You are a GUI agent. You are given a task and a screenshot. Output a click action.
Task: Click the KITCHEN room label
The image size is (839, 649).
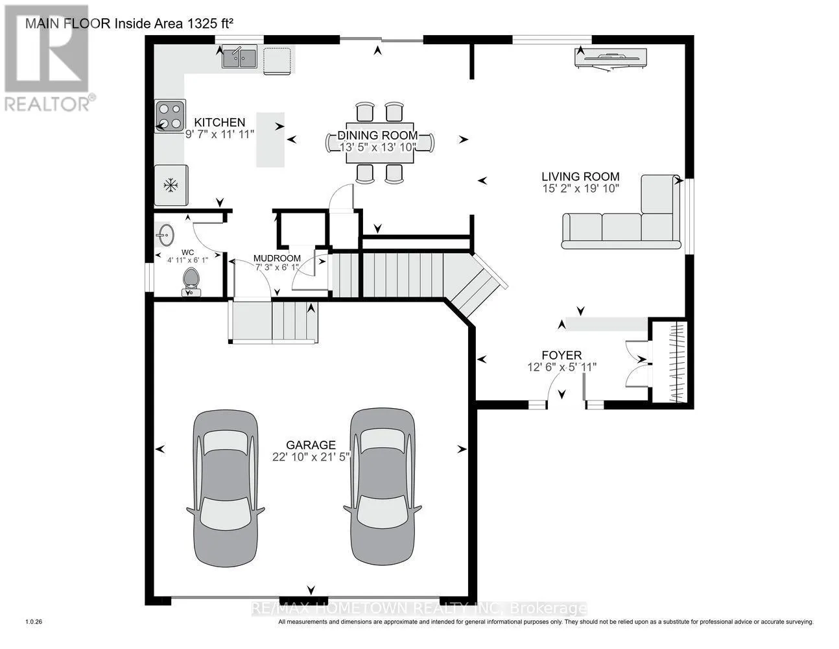tap(219, 123)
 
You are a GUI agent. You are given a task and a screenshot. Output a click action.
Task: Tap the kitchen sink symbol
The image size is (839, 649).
tap(239, 58)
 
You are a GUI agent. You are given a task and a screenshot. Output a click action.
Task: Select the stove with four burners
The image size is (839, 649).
tap(170, 116)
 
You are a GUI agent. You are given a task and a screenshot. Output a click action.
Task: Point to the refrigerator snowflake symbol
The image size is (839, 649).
tap(171, 186)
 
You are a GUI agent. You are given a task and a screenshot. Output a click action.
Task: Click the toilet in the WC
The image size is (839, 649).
tap(191, 282)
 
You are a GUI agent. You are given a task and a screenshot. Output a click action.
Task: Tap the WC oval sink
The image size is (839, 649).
tap(165, 235)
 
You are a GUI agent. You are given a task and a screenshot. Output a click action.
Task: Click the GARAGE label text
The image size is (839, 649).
tap(311, 445)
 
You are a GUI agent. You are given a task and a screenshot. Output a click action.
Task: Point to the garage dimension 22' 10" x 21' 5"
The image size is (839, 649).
tap(311, 458)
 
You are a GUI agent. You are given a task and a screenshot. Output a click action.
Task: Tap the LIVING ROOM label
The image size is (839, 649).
tap(580, 177)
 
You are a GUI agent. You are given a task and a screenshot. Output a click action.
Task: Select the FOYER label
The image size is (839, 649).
tap(561, 355)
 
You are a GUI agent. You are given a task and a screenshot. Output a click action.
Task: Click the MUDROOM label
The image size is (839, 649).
tap(277, 258)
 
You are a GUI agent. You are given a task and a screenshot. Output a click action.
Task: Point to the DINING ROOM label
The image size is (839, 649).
tap(377, 136)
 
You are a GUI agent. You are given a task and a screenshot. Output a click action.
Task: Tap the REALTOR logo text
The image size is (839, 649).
tap(48, 104)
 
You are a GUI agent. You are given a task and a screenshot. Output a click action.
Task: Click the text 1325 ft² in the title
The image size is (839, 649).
tap(211, 23)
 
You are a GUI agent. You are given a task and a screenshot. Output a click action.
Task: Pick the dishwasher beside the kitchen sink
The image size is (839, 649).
tap(278, 60)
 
